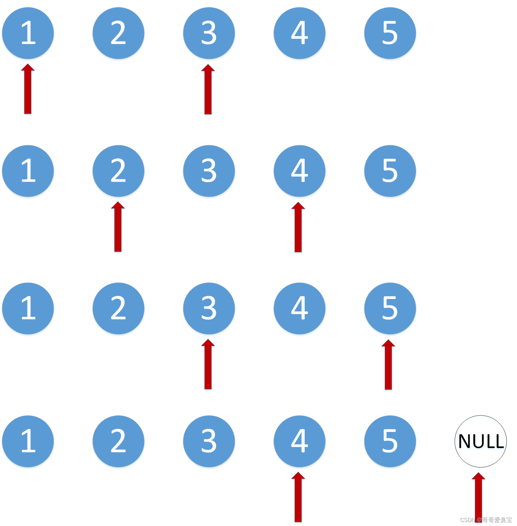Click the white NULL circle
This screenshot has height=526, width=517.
click(x=481, y=441)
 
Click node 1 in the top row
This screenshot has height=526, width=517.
click(x=28, y=33)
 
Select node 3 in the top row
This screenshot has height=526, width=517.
click(x=209, y=33)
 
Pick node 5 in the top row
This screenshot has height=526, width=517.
click(x=390, y=33)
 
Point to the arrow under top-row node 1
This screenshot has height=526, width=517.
click(x=28, y=90)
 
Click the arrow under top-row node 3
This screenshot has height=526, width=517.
click(x=208, y=90)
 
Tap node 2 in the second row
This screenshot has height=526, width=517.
click(x=118, y=171)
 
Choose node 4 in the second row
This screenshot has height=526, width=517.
click(x=300, y=171)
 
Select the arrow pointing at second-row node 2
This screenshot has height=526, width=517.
click(x=118, y=227)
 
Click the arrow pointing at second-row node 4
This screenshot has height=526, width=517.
click(x=298, y=228)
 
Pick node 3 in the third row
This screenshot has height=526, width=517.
click(x=209, y=308)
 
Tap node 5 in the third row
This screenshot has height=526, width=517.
click(x=390, y=308)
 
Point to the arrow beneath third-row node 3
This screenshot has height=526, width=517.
click(x=208, y=365)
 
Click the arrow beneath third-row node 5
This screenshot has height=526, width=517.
click(x=388, y=365)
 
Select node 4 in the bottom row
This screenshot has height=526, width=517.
click(x=300, y=441)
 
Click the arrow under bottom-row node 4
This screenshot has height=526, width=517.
click(x=298, y=497)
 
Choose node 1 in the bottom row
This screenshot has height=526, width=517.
click(x=28, y=441)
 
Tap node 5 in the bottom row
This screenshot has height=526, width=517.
click(x=390, y=441)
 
